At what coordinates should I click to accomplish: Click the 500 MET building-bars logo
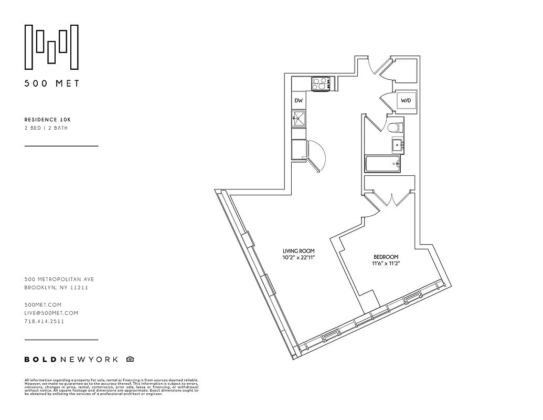coord(52,47)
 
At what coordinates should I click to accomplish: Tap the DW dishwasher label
coord(299,100)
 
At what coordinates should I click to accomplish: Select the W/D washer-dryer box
coord(406,100)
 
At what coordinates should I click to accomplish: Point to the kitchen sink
coord(299,118)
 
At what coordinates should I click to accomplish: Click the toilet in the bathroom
coord(394,127)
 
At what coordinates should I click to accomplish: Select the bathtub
coord(383,164)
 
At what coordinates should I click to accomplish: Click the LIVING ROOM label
coord(299,251)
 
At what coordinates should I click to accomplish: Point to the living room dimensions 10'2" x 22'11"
coord(299,258)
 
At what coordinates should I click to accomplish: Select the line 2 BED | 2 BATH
coord(46,128)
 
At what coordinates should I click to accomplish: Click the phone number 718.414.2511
coord(44,321)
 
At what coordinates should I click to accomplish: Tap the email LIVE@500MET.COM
coord(51,313)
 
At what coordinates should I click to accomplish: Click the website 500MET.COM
coord(43,304)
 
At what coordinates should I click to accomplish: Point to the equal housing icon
coord(130,359)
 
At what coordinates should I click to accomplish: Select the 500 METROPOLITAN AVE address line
coord(59,279)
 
